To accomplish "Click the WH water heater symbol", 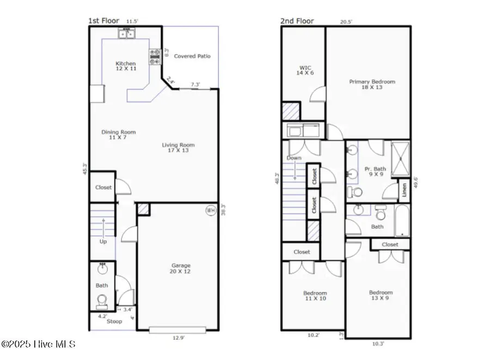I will (210, 210).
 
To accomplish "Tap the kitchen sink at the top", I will (126, 34).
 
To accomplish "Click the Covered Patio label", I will (192, 56).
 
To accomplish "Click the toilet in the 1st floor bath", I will (101, 301).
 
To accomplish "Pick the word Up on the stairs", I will (103, 241).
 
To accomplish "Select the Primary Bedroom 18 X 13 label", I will (372, 85).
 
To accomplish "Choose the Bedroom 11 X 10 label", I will (315, 296).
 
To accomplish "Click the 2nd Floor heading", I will (297, 21).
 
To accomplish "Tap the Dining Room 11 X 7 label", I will (118, 135).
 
